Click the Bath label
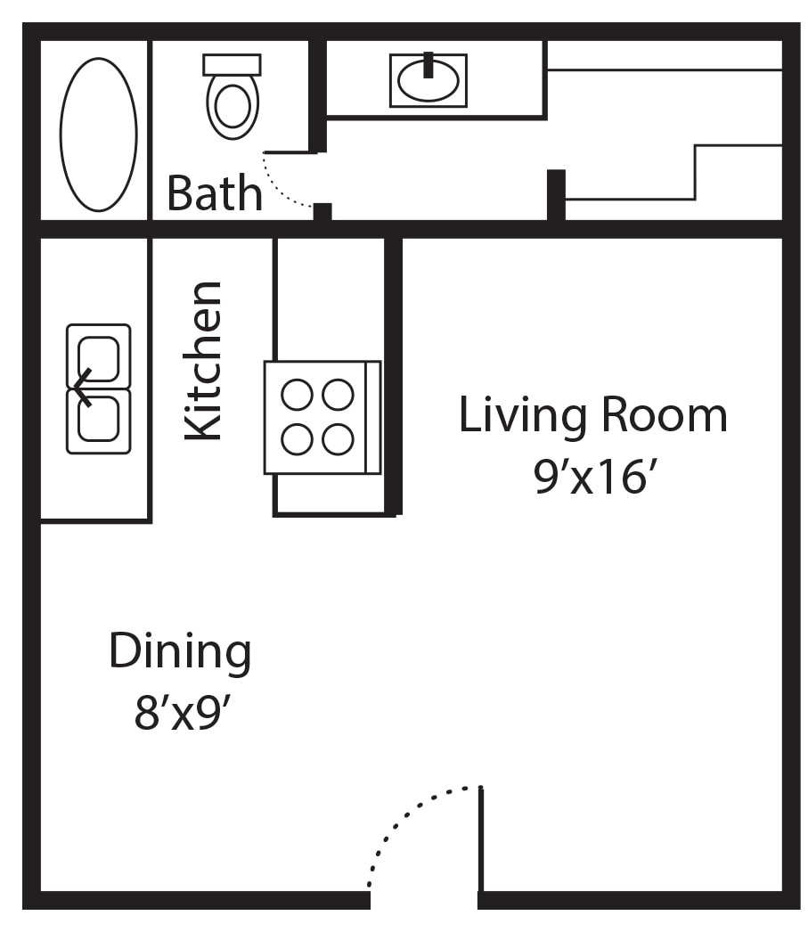[x=215, y=193]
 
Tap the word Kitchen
[x=203, y=361]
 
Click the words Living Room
[x=593, y=415]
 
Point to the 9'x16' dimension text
[x=595, y=477]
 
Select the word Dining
[x=180, y=652]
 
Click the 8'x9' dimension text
[x=182, y=713]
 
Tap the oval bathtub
[x=99, y=135]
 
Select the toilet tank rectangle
[x=232, y=65]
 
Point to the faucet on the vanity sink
[x=428, y=65]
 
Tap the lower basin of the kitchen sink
[x=99, y=419]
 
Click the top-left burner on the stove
[x=297, y=395]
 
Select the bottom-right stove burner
[x=338, y=439]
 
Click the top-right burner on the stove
[x=338, y=395]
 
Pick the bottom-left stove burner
[x=297, y=439]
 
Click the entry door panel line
[x=481, y=839]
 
